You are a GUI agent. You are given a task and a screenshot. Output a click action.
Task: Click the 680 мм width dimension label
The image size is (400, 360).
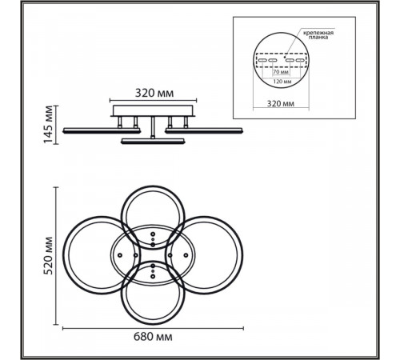click(153, 337)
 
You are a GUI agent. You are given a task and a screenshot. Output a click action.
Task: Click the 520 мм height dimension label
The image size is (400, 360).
click(49, 256)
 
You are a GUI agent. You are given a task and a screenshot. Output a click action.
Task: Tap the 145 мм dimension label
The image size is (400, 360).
click(49, 125)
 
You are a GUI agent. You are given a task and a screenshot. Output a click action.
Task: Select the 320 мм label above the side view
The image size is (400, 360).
click(154, 93)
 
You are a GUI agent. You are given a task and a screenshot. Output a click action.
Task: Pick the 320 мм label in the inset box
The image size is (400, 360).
click(281, 103)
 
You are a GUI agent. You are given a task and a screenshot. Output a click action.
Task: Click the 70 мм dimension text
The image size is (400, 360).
click(281, 72)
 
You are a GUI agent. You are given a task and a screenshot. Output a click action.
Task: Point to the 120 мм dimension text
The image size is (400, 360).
click(282, 82)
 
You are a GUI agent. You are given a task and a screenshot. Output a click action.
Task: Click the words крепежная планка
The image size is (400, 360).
click(318, 35)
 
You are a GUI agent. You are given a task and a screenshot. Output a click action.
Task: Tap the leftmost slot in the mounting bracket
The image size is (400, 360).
click(262, 60)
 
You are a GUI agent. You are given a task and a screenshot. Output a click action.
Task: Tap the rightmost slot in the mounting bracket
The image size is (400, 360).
click(300, 60)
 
